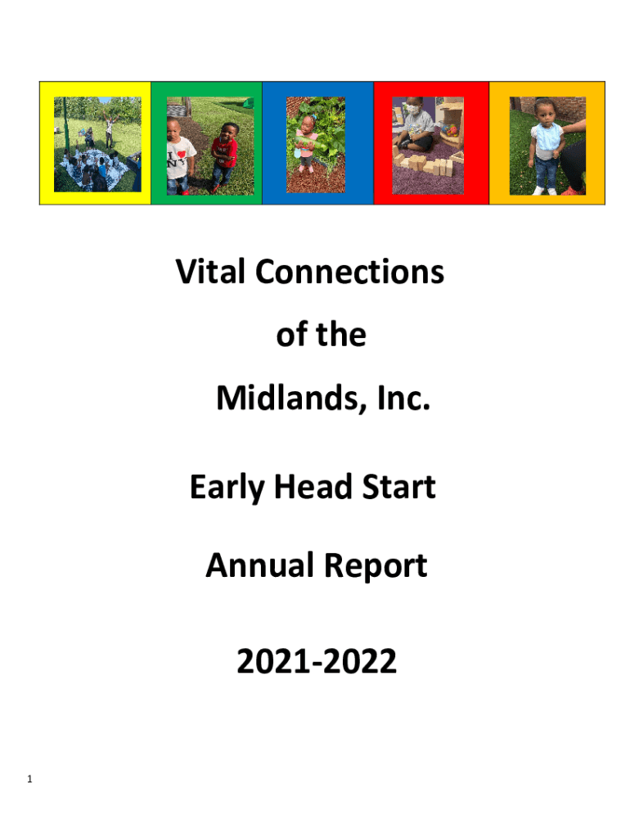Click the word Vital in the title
point(210,272)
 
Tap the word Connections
point(349,272)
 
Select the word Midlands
point(292,399)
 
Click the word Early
point(227,488)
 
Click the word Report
point(376,566)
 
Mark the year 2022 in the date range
point(360,661)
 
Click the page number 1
point(29,779)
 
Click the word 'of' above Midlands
point(292,335)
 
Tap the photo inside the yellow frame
point(98,144)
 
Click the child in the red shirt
point(224,157)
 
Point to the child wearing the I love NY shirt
point(179,156)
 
